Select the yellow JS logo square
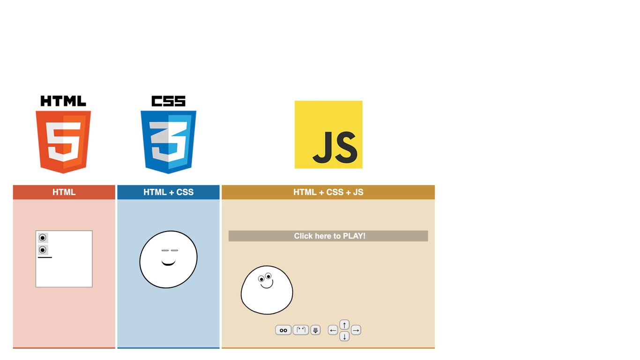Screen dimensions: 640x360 [328, 135]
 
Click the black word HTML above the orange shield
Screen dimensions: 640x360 [63, 101]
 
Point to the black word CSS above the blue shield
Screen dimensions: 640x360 [168, 101]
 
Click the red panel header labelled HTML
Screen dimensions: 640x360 [64, 192]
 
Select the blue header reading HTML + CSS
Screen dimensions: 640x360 [168, 192]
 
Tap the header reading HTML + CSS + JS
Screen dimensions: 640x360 [328, 192]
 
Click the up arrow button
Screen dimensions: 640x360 [344, 325]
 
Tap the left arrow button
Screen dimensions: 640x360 [333, 330]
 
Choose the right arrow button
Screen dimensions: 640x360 [356, 330]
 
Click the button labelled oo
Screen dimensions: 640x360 [283, 330]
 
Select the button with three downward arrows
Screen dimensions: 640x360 [315, 330]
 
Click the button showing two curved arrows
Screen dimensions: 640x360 [301, 330]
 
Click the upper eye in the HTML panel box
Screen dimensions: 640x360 [43, 238]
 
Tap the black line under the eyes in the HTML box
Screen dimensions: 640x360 [45, 257]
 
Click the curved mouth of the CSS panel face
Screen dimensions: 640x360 [168, 264]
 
